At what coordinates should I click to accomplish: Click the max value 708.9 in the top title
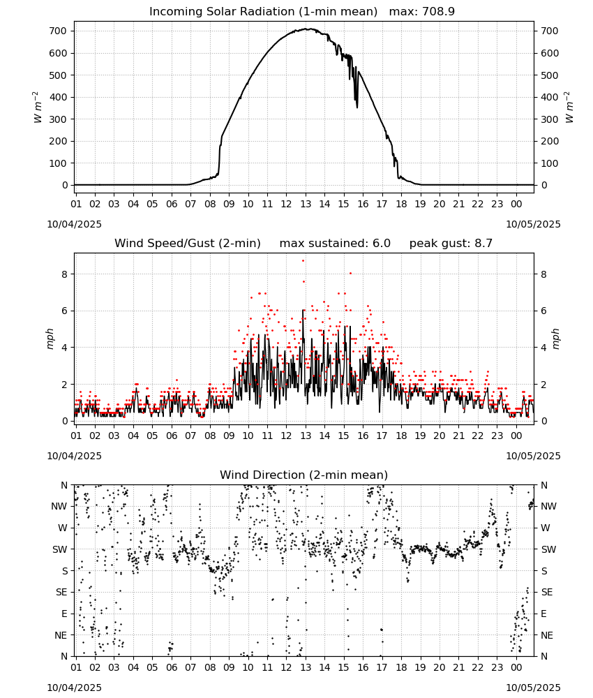click(x=438, y=12)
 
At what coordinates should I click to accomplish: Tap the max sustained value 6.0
click(x=381, y=244)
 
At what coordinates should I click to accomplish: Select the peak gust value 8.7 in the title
click(x=483, y=244)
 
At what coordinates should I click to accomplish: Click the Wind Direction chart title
click(x=304, y=475)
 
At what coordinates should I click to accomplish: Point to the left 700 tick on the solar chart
click(x=58, y=31)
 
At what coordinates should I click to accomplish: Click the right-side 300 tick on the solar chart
click(x=550, y=119)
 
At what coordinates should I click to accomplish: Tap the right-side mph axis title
click(x=556, y=339)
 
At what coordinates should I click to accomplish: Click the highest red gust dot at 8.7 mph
click(x=303, y=261)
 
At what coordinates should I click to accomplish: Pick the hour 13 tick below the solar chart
click(x=306, y=204)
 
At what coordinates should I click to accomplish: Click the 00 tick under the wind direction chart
click(x=516, y=667)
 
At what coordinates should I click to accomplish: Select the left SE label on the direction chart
click(x=61, y=592)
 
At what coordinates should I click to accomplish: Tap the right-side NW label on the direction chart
click(x=548, y=506)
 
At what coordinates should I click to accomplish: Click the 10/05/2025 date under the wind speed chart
click(x=533, y=456)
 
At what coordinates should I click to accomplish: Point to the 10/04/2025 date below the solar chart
click(x=74, y=224)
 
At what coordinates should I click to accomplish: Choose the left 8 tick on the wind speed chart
click(x=65, y=274)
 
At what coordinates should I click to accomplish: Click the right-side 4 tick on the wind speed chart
click(x=543, y=347)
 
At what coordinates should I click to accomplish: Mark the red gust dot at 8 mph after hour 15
click(x=350, y=274)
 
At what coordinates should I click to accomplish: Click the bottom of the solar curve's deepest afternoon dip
click(x=356, y=107)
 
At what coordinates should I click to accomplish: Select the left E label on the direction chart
click(x=64, y=614)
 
